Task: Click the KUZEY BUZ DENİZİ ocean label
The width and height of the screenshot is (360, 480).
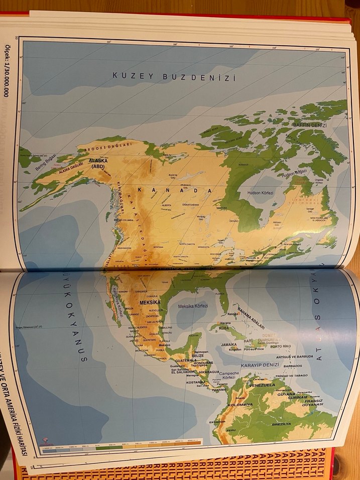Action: [174, 77]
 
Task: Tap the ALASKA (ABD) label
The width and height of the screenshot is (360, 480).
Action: [98, 164]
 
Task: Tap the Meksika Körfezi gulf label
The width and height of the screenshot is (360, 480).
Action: [194, 306]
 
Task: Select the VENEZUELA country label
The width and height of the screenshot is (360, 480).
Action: [262, 385]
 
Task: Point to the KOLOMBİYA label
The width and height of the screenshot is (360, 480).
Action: [239, 404]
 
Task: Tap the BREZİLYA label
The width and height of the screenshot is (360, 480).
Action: [281, 424]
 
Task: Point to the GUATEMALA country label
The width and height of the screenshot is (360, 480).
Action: [186, 360]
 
